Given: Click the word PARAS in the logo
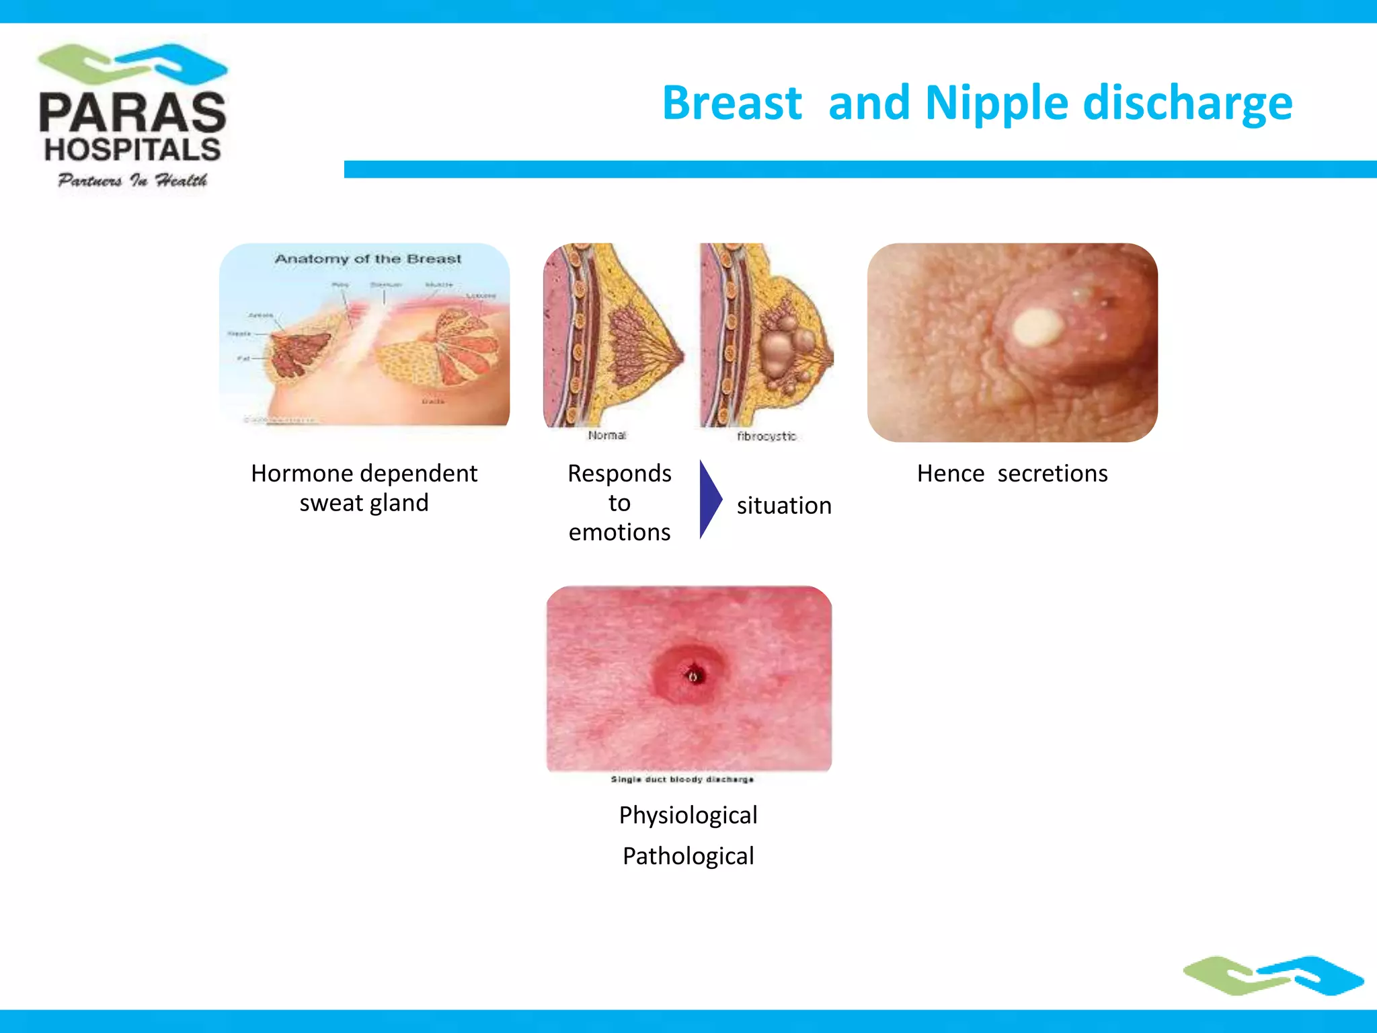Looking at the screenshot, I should (x=132, y=113).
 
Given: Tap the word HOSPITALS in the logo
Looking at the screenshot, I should (x=132, y=150).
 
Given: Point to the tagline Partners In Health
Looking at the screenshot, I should (x=132, y=180).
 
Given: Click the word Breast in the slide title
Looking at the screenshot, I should (x=732, y=104).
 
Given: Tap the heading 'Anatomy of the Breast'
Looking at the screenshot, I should (x=368, y=259).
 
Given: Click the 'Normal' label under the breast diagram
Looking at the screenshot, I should (x=606, y=435).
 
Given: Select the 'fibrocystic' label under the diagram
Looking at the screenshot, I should (x=766, y=436).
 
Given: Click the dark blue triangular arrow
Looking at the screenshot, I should (x=709, y=499).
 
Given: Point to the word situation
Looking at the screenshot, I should (x=784, y=506).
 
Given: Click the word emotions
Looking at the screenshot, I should (x=619, y=532).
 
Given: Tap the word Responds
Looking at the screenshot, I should (x=619, y=473).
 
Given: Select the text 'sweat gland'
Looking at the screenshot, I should (x=364, y=503).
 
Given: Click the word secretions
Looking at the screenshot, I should (x=1052, y=473).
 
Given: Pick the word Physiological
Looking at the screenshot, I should (x=688, y=815).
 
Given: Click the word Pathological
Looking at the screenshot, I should (x=688, y=856).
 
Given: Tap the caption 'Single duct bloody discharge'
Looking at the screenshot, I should (x=682, y=779).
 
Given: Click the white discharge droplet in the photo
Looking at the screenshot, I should (x=1037, y=328).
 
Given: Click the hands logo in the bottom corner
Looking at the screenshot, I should (x=1273, y=974).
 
